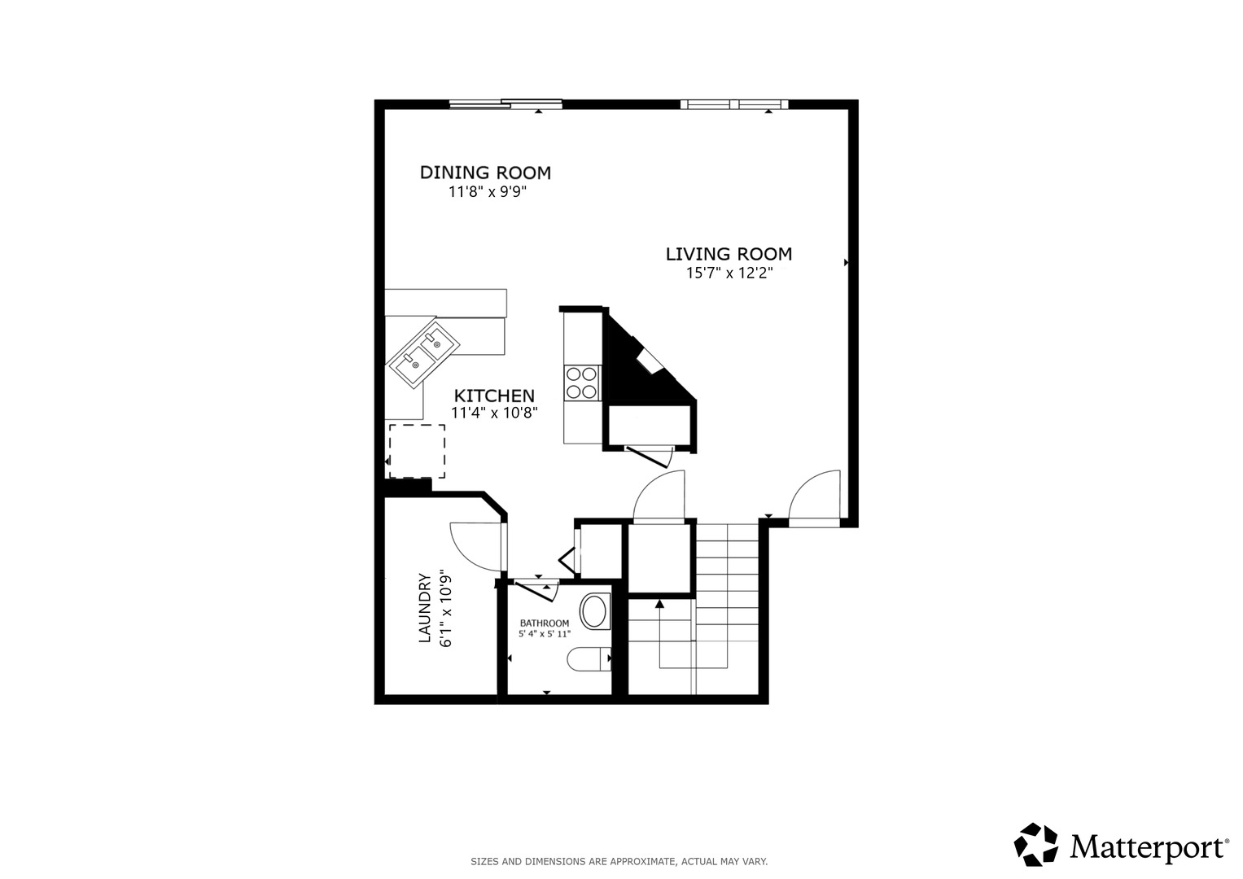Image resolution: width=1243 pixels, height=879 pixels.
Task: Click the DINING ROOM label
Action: [485, 173]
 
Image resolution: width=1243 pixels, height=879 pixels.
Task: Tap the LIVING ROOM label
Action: [729, 254]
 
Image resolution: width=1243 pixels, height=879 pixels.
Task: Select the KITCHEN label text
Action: [494, 396]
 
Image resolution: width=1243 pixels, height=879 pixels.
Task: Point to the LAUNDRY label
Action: [424, 609]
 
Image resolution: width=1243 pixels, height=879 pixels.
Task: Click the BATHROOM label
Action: [545, 623]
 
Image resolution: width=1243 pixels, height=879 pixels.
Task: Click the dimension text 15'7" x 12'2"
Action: [729, 273]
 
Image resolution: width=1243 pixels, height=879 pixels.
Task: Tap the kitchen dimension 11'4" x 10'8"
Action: [494, 413]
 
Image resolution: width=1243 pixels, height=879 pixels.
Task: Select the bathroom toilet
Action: [589, 658]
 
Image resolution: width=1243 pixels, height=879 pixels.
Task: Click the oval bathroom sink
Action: [595, 611]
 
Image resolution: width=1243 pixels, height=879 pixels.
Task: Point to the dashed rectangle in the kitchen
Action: [417, 451]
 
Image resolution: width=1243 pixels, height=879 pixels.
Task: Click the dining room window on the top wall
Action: [506, 103]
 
